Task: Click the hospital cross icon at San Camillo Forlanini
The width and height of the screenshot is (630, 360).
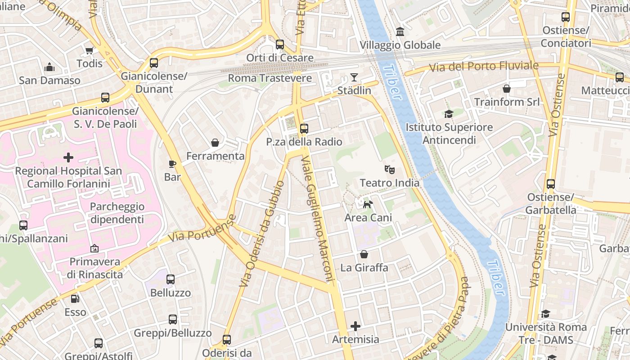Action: (68, 157)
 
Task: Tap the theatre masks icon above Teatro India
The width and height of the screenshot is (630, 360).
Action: (390, 170)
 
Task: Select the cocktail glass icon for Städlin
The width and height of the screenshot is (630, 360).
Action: (354, 77)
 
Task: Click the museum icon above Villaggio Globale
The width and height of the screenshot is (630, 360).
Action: (400, 32)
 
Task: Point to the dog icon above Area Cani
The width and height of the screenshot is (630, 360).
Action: (368, 204)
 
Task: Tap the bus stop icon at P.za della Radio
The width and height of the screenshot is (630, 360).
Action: (304, 129)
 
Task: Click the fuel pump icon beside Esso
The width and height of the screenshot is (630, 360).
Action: (75, 298)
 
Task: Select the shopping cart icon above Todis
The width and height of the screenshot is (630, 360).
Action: (89, 50)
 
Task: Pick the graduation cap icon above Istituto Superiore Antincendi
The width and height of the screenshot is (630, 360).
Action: (449, 114)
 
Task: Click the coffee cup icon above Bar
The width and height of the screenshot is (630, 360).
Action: (172, 164)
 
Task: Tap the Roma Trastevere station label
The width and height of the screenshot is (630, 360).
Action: (270, 78)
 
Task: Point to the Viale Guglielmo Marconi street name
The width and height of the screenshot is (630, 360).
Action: (318, 219)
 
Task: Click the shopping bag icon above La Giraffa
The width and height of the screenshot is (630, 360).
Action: (364, 255)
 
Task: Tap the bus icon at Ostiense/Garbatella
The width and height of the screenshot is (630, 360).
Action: (551, 184)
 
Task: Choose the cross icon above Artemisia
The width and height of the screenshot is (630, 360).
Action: (355, 326)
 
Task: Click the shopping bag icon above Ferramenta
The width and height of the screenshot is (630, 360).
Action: (215, 143)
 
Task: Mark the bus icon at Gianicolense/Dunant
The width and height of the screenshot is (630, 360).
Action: (154, 63)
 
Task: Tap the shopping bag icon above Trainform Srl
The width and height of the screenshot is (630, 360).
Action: (507, 89)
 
